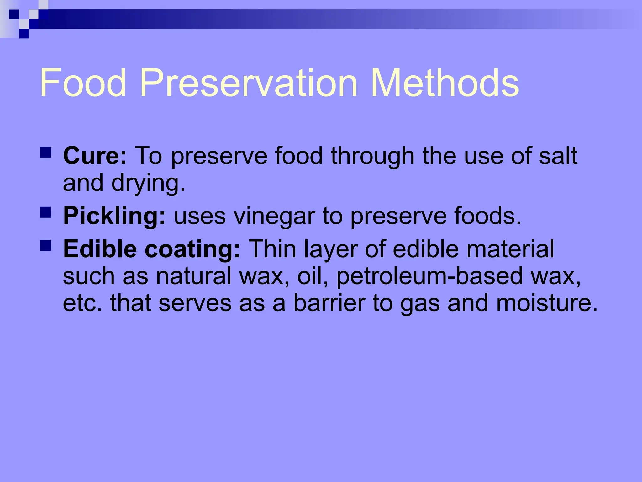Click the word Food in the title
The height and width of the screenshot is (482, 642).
click(83, 83)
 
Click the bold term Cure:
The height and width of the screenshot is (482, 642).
click(95, 156)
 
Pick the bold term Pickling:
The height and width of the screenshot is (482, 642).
click(114, 216)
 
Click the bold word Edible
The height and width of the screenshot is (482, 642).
click(100, 249)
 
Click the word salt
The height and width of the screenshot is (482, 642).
click(558, 156)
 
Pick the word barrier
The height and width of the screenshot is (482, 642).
click(329, 303)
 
